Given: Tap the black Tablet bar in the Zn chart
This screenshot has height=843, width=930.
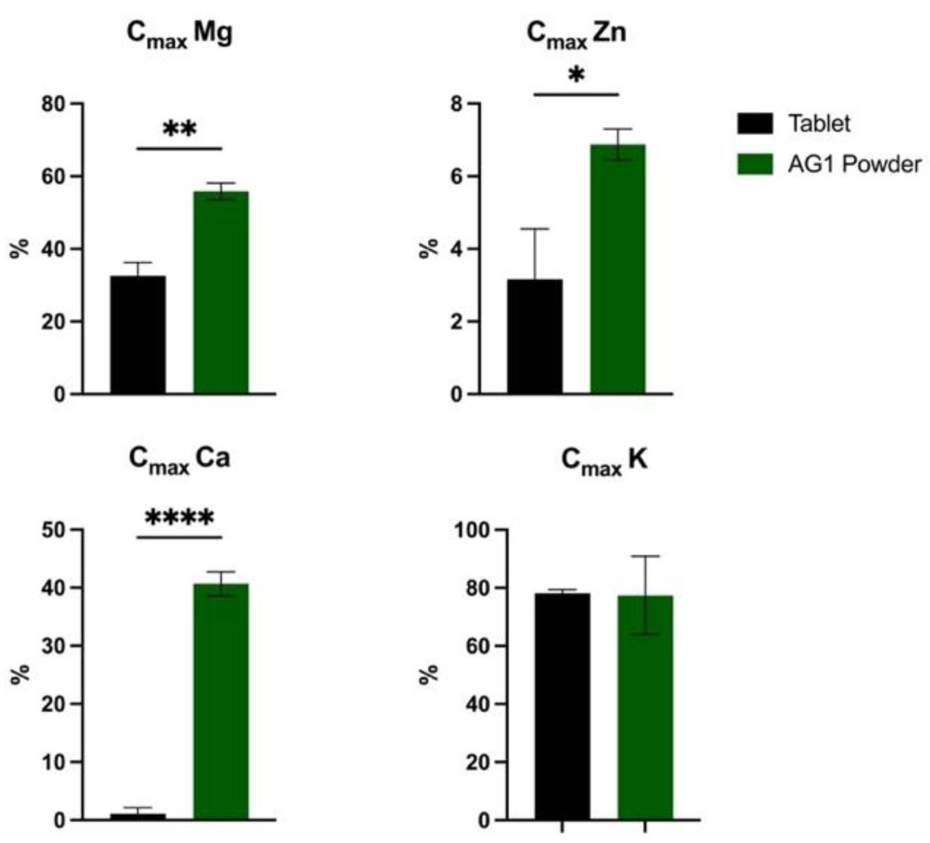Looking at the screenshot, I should [535, 337].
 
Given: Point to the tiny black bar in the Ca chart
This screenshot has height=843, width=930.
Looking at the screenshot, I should [137, 816].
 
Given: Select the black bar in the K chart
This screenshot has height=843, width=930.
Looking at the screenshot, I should [562, 707].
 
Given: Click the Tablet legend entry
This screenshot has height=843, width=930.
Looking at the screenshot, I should [818, 123].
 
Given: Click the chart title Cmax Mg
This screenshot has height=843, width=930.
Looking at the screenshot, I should [179, 36].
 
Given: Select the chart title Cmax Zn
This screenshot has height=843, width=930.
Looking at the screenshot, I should [576, 35].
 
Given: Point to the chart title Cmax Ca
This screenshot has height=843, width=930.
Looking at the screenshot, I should [179, 459].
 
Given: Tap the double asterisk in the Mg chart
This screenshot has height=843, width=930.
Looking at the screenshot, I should [179, 130].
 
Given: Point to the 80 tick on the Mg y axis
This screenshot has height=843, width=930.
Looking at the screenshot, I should [52, 103].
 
